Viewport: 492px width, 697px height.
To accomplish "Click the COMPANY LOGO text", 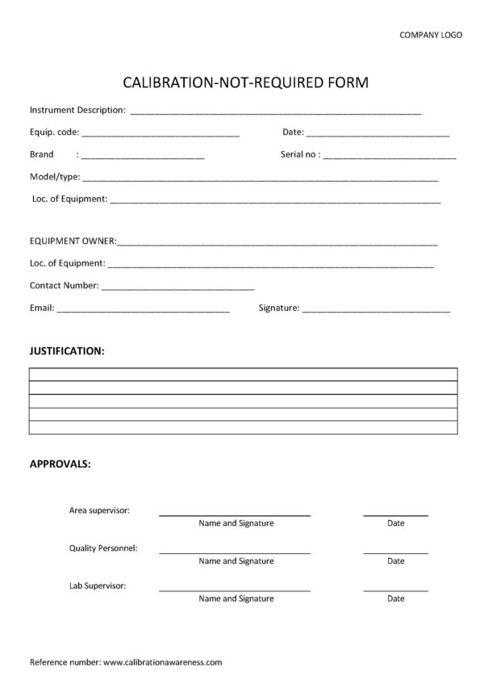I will pyautogui.click(x=432, y=35).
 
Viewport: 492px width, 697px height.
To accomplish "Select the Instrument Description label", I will pyautogui.click(x=77, y=109).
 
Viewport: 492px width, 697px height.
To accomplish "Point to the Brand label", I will pyautogui.click(x=42, y=153).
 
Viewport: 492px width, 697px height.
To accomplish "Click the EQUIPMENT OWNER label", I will pyautogui.click(x=73, y=241).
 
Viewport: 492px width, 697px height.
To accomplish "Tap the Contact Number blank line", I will pyautogui.click(x=177, y=288).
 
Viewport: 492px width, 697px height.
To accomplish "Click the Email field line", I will pyautogui.click(x=143, y=310).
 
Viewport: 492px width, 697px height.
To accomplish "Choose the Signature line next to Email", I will pyautogui.click(x=376, y=310).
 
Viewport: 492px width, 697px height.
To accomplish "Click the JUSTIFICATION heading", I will pyautogui.click(x=67, y=351).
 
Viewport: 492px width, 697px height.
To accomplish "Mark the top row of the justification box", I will pyautogui.click(x=243, y=374).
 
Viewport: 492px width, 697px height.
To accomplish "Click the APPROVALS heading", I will pyautogui.click(x=60, y=464).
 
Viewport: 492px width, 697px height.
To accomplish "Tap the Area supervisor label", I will pyautogui.click(x=100, y=510).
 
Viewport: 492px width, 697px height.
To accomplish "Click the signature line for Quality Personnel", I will pyautogui.click(x=235, y=552).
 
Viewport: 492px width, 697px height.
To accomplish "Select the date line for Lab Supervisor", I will pyautogui.click(x=395, y=590).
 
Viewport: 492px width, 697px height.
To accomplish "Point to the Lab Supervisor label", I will pyautogui.click(x=98, y=586).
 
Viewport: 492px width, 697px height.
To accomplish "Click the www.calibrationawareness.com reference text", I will pyautogui.click(x=162, y=662).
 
